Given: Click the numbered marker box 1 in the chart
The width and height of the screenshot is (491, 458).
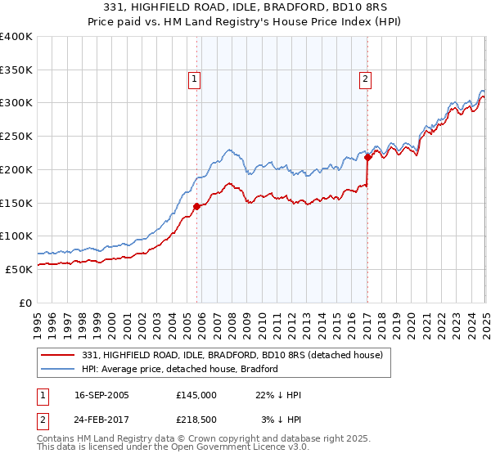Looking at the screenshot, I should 194,79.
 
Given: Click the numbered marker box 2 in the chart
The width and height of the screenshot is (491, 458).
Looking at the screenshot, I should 364,79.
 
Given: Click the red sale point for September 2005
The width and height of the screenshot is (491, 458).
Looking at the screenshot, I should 196,206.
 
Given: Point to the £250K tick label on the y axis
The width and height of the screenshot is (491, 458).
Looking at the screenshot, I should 16,136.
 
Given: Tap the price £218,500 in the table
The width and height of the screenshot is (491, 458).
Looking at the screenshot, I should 197,420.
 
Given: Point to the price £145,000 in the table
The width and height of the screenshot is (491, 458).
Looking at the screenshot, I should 197,395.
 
